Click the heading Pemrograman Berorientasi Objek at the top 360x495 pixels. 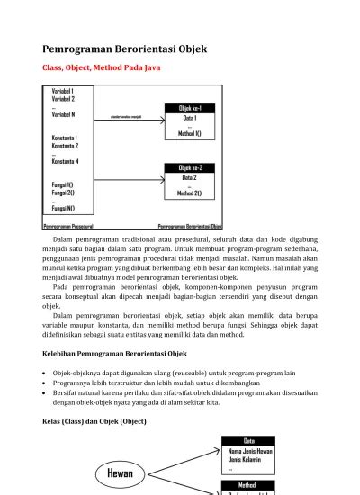click(125, 49)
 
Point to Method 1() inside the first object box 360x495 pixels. click(190, 134)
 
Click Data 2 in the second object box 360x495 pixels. click(189, 177)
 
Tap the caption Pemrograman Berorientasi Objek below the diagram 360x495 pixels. click(190, 226)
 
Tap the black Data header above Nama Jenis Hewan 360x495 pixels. click(249, 440)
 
